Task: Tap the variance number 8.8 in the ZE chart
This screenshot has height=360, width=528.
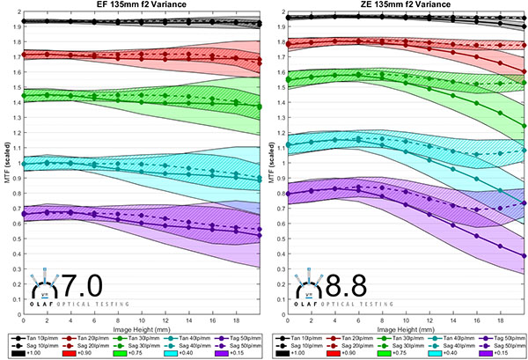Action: point(346,284)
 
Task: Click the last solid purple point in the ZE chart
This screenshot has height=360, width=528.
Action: point(524,256)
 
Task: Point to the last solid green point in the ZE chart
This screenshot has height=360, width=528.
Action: point(524,126)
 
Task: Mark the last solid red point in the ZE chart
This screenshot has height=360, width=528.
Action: point(524,70)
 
